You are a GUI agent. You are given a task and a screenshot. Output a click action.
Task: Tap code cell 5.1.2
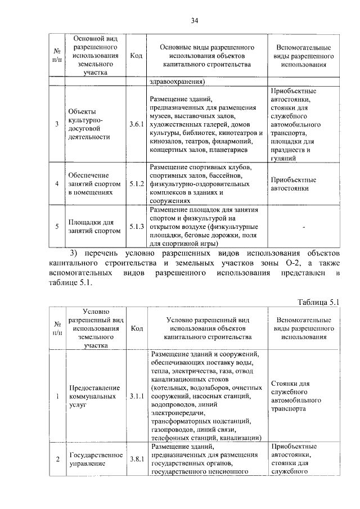[x=137, y=183]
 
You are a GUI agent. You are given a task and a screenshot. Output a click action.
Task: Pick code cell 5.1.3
[x=137, y=226]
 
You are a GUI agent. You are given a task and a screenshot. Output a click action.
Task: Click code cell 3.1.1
[x=137, y=397]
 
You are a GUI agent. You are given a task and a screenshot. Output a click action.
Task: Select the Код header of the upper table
[x=136, y=56]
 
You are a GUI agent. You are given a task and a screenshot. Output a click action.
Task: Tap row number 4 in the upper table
[x=56, y=183]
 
